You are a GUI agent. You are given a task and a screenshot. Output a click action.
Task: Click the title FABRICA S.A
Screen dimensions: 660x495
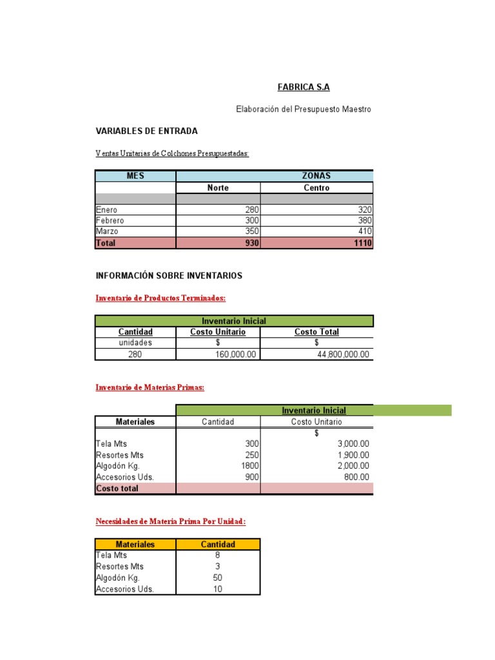pos(298,87)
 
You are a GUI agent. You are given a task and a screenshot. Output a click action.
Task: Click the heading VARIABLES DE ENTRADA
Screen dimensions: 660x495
pos(146,131)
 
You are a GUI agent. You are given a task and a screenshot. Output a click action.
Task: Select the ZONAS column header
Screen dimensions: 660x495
pos(316,176)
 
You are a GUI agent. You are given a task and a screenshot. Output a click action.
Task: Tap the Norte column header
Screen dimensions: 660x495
pos(218,188)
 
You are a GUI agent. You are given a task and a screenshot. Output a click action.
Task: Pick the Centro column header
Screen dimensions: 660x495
pos(316,188)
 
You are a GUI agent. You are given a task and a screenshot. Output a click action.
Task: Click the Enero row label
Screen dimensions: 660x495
pos(107,209)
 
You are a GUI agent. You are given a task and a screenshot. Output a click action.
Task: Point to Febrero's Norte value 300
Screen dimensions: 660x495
pos(247,220)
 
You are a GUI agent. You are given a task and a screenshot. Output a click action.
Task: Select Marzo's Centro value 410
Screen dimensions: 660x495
pos(364,231)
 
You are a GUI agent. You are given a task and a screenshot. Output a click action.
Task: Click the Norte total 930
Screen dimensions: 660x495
pos(247,243)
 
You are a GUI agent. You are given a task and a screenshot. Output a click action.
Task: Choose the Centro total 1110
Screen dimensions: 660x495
pos(362,243)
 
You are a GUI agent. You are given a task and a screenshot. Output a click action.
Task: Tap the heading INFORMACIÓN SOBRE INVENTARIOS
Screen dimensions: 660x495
pos(169,275)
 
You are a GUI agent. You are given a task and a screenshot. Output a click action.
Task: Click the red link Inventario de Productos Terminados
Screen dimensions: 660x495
pos(160,298)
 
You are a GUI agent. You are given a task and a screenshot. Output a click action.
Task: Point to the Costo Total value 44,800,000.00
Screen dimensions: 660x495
pos(344,354)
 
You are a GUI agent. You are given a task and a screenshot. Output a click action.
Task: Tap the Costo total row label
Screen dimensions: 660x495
pos(117,489)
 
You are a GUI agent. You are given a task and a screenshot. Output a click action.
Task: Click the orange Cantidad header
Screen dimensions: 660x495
pos(218,544)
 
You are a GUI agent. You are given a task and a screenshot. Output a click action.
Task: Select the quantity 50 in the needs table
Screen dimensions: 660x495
pos(217,577)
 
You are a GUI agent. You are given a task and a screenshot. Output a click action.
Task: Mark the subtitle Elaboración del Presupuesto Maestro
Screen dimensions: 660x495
pos(303,110)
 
